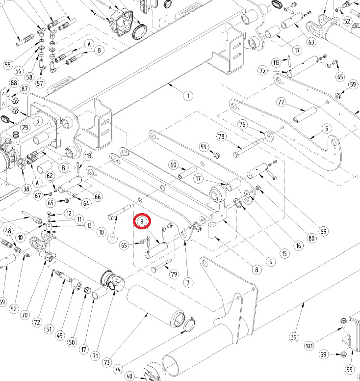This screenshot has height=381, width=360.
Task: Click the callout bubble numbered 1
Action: click(x=188, y=96)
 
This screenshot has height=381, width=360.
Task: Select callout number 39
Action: click(x=294, y=337)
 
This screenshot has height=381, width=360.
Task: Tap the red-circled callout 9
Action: click(x=142, y=222)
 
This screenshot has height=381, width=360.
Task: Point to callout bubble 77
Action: click(x=281, y=102)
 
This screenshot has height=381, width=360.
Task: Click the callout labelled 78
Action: click(x=221, y=136)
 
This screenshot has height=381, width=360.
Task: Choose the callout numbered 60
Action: click(x=173, y=165)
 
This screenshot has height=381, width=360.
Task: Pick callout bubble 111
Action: click(x=113, y=238)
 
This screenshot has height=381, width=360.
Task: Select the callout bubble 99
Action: click(x=349, y=369)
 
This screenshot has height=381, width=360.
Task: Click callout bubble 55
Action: click(x=7, y=65)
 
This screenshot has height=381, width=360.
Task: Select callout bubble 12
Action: click(x=68, y=214)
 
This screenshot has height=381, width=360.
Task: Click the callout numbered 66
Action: click(x=98, y=197)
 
